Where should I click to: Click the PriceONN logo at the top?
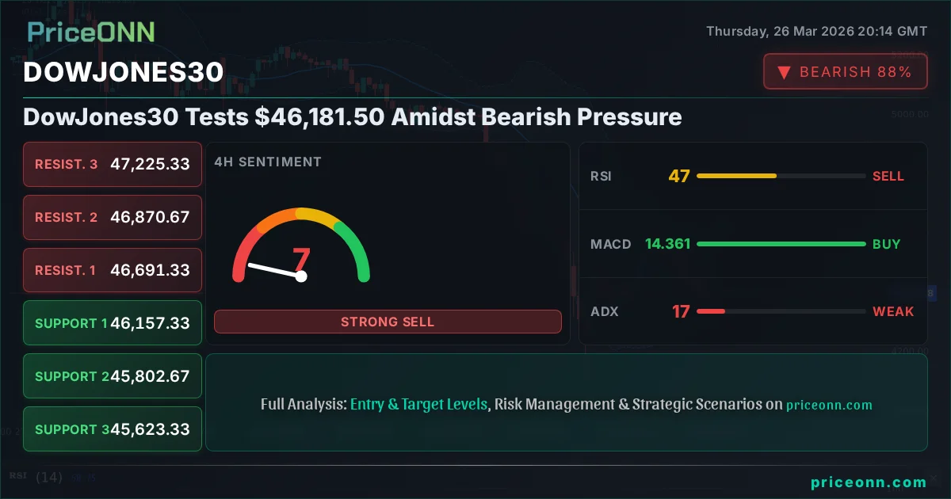(91, 32)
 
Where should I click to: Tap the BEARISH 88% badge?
(845, 72)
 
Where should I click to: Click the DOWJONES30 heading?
(123, 72)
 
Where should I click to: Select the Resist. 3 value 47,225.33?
(150, 164)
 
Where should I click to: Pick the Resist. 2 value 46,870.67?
(150, 217)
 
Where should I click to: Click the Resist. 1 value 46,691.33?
(150, 270)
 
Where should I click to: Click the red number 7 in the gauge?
(301, 258)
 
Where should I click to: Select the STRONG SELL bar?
(388, 322)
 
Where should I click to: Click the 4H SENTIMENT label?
(268, 162)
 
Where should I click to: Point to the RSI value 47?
(679, 176)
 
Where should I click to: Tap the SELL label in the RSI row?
(888, 176)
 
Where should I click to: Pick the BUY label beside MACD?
(886, 244)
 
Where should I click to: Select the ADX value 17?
(681, 311)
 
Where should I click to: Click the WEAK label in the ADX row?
(893, 311)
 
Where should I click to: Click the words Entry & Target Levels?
(418, 404)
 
